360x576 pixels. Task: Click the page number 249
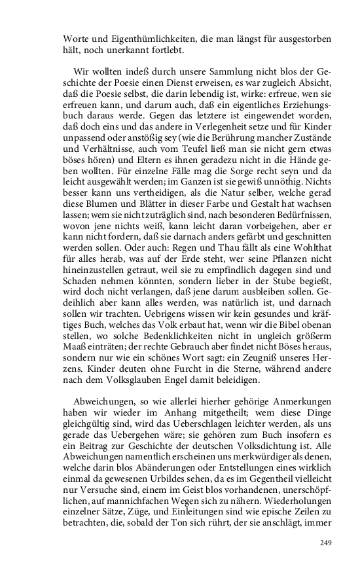coord(327,543)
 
